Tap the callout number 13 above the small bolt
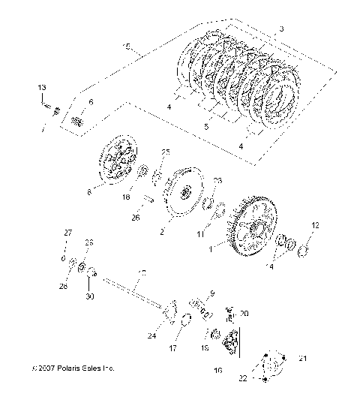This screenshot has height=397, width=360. click(42, 89)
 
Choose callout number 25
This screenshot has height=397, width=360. click(166, 152)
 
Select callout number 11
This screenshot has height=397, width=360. click(199, 235)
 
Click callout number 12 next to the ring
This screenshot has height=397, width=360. click(315, 225)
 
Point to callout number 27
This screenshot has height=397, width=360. click(65, 234)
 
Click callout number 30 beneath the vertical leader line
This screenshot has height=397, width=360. click(90, 296)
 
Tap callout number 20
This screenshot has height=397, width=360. click(243, 314)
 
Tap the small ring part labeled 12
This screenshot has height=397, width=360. click(305, 248)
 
